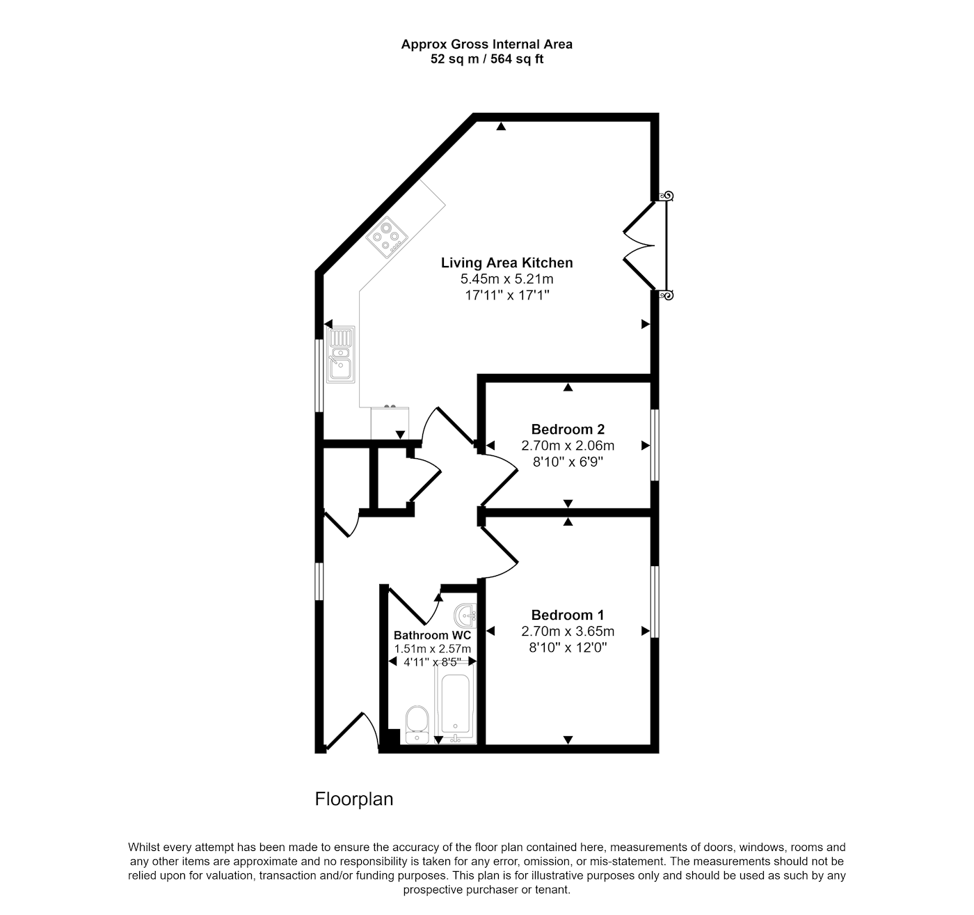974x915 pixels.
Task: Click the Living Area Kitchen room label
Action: (x=506, y=263)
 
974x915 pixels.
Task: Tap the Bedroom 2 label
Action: (x=568, y=430)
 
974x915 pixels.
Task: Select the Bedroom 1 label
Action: (x=568, y=615)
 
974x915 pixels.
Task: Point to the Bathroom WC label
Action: (x=432, y=635)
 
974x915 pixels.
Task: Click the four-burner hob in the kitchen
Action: (x=386, y=237)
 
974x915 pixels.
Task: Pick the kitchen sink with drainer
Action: (x=341, y=354)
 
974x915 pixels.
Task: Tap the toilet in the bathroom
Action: (x=417, y=725)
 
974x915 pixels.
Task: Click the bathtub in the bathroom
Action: (x=456, y=705)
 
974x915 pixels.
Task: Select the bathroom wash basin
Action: (x=465, y=615)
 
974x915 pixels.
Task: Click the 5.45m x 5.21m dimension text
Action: (x=506, y=279)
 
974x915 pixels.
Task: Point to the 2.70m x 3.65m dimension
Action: (x=568, y=632)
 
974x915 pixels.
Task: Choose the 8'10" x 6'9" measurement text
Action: (x=568, y=462)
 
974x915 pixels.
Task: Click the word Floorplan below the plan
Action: (x=354, y=799)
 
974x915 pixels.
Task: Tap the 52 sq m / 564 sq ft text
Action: (x=487, y=59)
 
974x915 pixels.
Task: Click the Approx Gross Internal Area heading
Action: (x=487, y=45)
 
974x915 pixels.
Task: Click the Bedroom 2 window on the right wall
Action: (x=654, y=445)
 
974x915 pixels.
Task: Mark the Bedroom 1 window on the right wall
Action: (x=654, y=602)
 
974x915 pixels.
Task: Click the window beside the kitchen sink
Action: (x=319, y=375)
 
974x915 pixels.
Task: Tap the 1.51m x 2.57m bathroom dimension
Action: (x=433, y=649)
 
